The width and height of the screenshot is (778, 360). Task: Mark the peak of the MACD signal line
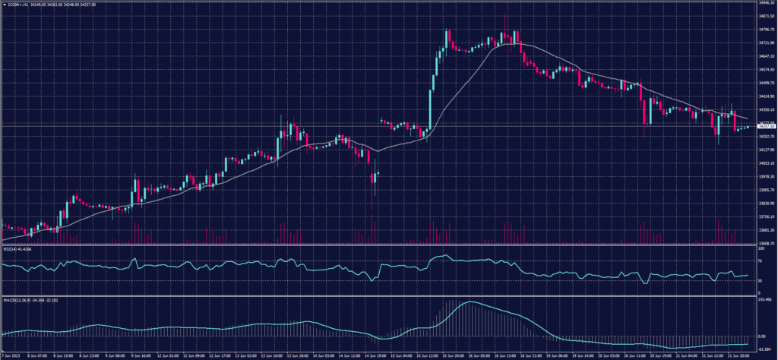[470, 302]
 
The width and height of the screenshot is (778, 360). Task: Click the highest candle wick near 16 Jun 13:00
[505, 13]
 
